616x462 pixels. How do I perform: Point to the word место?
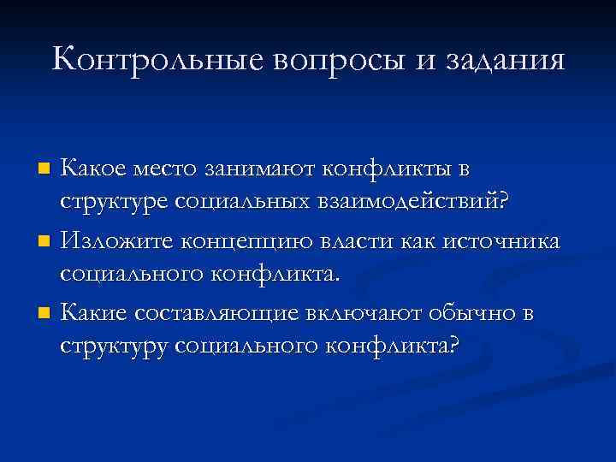[170, 169]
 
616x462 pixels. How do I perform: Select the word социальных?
[230, 204]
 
